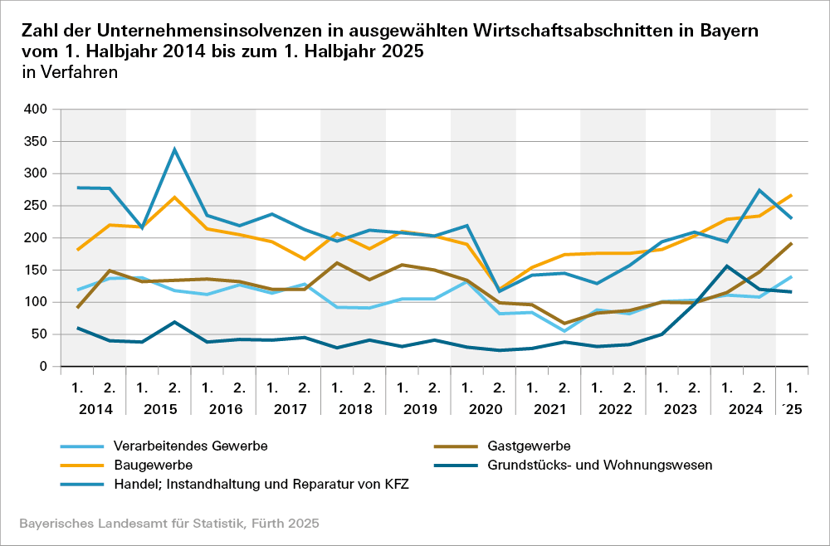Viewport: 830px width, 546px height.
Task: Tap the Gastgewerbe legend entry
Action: coord(529,446)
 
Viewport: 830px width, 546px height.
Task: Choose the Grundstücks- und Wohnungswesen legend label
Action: coord(600,465)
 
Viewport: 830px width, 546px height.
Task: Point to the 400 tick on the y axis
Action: coord(37,109)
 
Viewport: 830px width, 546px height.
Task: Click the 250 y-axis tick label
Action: coord(37,206)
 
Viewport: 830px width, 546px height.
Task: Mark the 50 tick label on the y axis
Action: coord(41,334)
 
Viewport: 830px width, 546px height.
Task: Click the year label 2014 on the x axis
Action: coord(95,409)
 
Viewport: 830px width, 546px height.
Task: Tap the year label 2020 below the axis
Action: coord(484,409)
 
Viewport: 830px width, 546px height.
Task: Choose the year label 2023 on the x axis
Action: coord(679,409)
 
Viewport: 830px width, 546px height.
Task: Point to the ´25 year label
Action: coord(793,409)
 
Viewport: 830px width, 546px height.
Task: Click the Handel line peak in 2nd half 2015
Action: coord(174,149)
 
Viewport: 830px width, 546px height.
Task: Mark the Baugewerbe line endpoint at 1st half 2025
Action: coord(791,195)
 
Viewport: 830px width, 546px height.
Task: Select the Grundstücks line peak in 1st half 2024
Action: coord(727,266)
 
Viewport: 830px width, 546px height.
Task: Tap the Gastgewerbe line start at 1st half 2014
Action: coord(77,308)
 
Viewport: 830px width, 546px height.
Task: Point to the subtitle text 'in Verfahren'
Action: coord(70,72)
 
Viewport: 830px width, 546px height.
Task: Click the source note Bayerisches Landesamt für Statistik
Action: coord(168,524)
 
